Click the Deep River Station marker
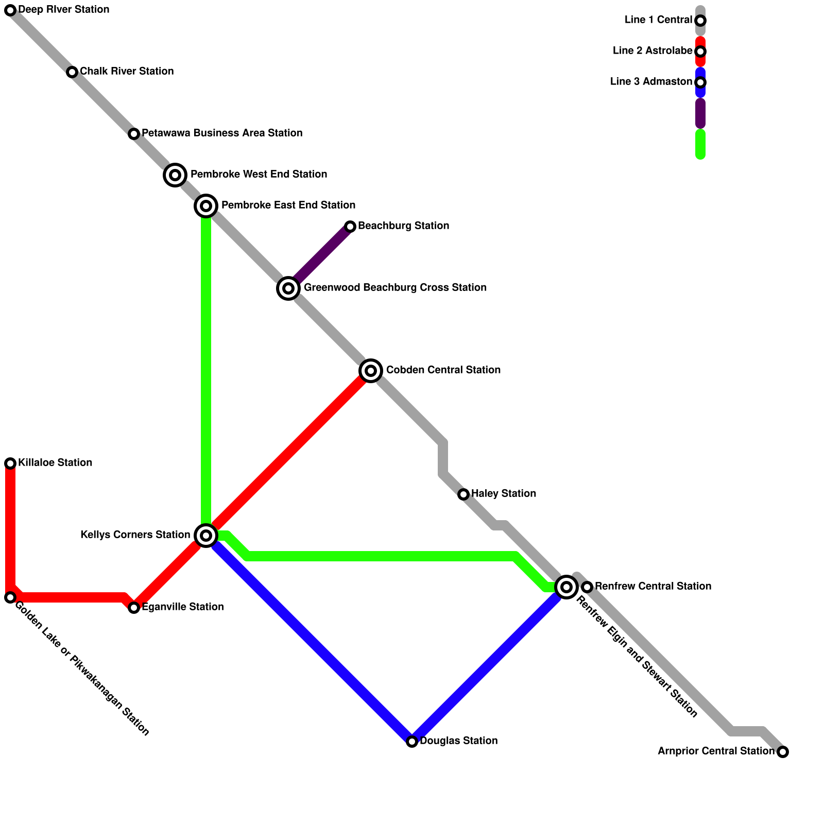pos(10,10)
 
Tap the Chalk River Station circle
pos(72,72)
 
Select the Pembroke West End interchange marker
pos(175,175)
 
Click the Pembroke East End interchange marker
pos(206,206)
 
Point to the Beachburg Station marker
pos(350,227)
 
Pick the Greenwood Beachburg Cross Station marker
pos(288,288)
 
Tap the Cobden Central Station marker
pos(371,371)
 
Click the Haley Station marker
pos(463,494)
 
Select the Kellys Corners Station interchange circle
pos(206,536)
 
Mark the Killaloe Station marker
pos(10,463)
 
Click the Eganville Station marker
pos(134,608)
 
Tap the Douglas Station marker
pos(412,742)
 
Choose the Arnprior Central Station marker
pos(783,752)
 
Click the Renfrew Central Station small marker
pos(587,587)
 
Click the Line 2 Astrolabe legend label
pos(652,51)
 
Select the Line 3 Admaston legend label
pos(651,82)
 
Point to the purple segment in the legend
pos(700,113)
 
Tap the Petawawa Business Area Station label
pos(222,133)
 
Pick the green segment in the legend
pos(700,144)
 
